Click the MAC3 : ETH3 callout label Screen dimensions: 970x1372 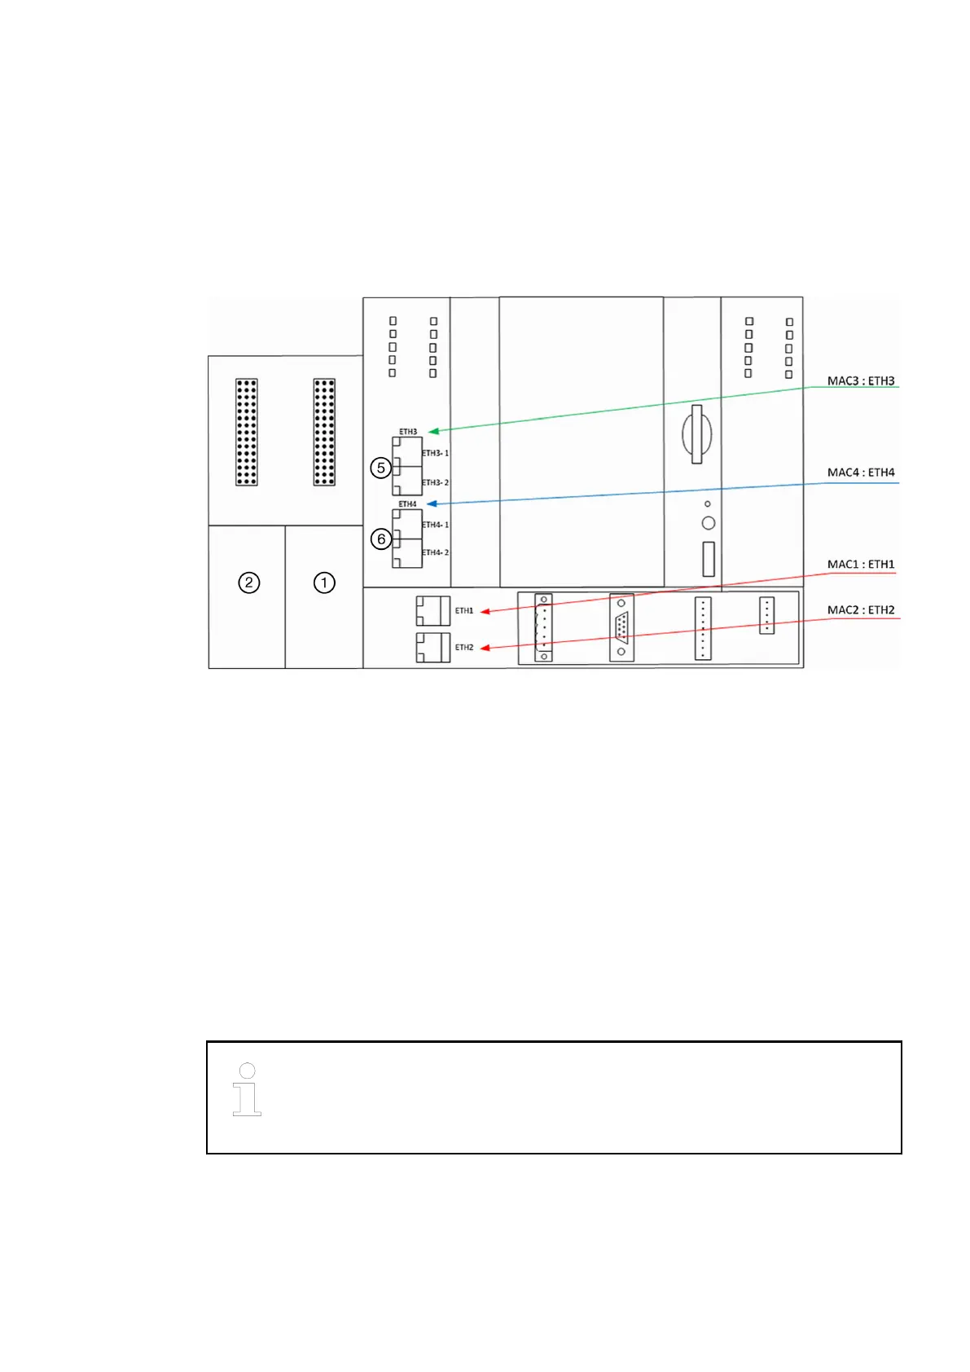860,381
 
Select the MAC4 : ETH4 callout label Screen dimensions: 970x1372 860,473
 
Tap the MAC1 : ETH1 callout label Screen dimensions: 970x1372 860,565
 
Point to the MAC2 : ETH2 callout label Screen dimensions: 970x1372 860,610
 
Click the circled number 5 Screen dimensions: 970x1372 380,468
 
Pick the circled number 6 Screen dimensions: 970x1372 380,539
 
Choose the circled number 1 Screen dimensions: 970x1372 324,583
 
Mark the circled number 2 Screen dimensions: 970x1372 248,583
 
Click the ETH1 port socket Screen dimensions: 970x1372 432,610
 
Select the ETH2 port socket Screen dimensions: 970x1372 432,647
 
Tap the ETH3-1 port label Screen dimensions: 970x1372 436,453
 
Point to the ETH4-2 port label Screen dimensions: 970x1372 436,552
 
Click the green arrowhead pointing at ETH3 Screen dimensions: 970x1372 432,431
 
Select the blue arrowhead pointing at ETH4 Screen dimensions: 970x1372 432,504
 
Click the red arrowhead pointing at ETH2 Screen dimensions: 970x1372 484,649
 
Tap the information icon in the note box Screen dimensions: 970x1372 247,1089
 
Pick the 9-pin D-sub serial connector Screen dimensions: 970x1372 621,628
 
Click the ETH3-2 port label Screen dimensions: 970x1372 436,482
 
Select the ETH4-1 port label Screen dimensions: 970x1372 436,525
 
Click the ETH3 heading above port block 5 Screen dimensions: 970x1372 408,432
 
